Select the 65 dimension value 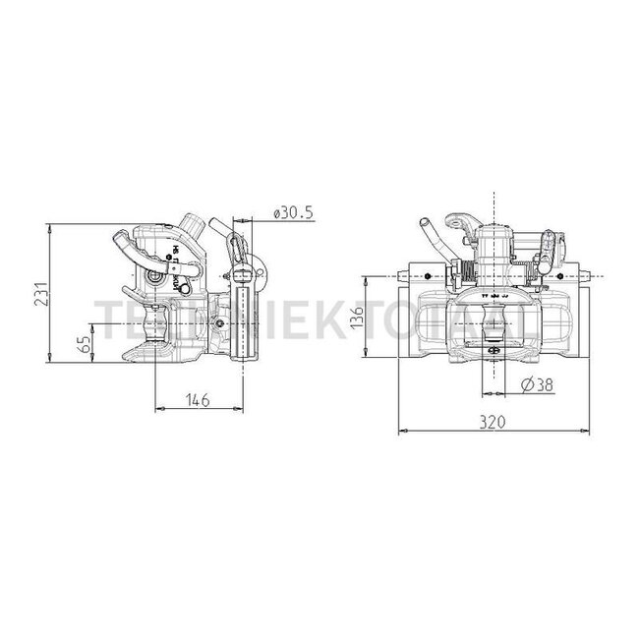[x=86, y=344]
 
